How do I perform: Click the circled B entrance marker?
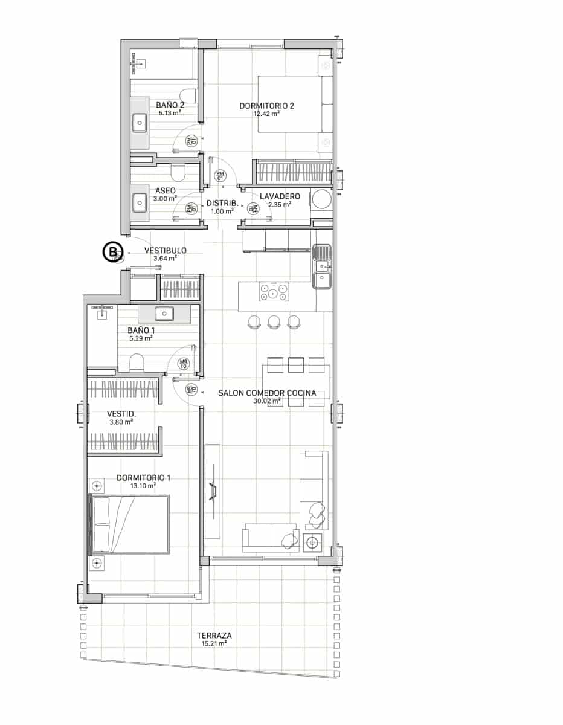112,252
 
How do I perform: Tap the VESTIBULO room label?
165,250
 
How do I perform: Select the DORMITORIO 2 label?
266,106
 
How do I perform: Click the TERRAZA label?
214,636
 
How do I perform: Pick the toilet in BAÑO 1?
137,362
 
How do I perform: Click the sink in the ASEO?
140,201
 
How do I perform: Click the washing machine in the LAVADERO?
321,199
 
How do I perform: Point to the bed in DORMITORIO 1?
129,524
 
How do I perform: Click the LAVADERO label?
280,196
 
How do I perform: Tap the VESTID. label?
121,414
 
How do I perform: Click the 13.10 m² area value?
143,485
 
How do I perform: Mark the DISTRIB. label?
223,203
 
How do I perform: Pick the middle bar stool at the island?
274,321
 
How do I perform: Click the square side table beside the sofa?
313,542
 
